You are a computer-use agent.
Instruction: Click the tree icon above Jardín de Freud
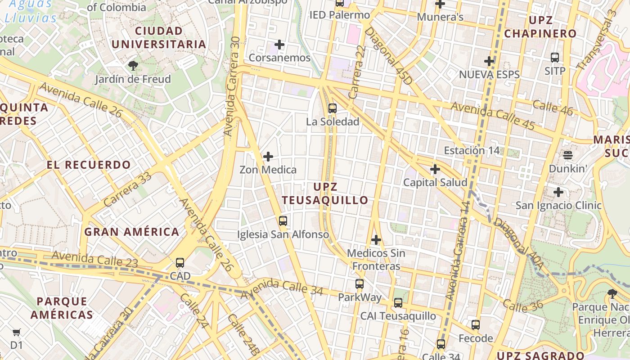coord(133,66)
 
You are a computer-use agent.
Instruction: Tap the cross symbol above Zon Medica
coord(268,157)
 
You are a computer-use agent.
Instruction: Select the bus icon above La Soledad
coord(333,108)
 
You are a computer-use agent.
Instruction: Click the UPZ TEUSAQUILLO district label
coord(325,193)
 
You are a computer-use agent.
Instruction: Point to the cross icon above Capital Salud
coord(435,169)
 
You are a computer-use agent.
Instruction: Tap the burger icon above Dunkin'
coord(567,155)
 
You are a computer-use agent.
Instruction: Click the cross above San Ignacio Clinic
coord(558,192)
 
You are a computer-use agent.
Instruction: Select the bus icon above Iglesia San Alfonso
coord(283,221)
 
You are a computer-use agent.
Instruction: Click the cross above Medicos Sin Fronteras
coord(376,240)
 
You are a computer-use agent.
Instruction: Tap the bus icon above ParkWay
coord(359,284)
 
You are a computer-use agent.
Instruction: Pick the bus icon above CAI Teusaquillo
coord(398,303)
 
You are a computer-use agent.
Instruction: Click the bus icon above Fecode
coord(476,325)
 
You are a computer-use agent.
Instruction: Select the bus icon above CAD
coord(180,263)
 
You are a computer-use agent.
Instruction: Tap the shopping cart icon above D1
coord(17,333)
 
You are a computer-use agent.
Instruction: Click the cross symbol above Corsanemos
coord(279,45)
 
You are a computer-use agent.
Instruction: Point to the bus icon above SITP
coord(555,58)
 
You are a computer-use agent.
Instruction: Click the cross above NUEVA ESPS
coord(489,61)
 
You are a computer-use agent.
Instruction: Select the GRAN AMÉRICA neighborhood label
coord(132,232)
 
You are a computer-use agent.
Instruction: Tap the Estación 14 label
coord(472,151)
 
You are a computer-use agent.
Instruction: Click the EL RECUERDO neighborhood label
coord(89,165)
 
